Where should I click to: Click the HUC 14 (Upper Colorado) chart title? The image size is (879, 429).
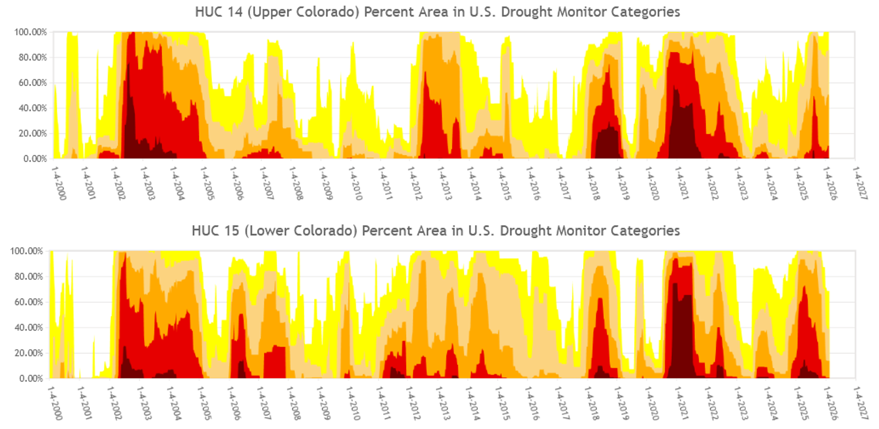pyautogui.click(x=437, y=12)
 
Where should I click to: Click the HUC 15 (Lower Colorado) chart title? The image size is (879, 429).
pyautogui.click(x=435, y=231)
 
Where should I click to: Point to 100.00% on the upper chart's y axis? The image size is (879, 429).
pyautogui.click(x=30, y=32)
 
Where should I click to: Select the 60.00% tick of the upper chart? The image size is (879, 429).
pyautogui.click(x=32, y=83)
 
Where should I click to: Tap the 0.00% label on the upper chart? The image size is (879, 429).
pyautogui.click(x=34, y=158)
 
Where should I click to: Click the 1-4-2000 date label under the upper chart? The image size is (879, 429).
pyautogui.click(x=59, y=183)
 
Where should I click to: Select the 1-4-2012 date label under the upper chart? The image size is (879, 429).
pyautogui.click(x=415, y=183)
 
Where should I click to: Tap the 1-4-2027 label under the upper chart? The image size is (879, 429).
pyautogui.click(x=860, y=183)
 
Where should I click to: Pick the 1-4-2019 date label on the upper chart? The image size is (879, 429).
pyautogui.click(x=622, y=183)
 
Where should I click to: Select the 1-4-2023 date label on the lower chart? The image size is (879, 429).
pyautogui.click(x=741, y=403)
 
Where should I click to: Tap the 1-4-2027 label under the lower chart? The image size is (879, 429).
pyautogui.click(x=860, y=403)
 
